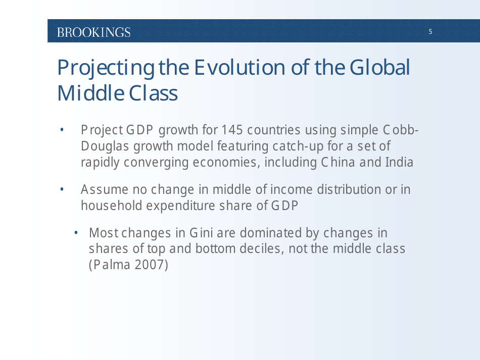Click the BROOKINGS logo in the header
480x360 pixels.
coord(93,32)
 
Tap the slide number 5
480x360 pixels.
coord(430,32)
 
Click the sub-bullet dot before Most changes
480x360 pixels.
coord(76,233)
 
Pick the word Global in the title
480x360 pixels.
coord(378,68)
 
